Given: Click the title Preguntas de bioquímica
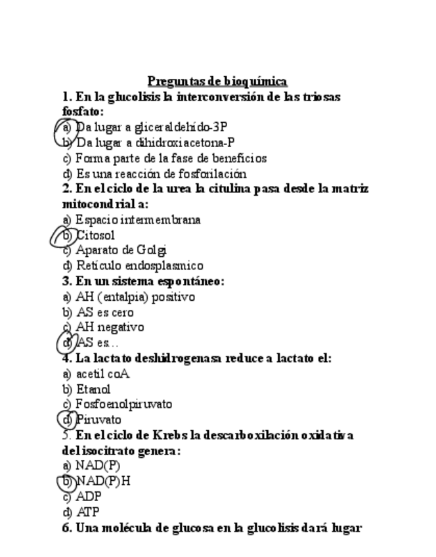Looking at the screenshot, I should (x=217, y=81).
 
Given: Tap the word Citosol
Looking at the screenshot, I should (x=95, y=235).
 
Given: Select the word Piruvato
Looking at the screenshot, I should (x=98, y=420).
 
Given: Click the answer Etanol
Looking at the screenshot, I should (x=93, y=390).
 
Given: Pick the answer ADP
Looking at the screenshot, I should (x=89, y=497).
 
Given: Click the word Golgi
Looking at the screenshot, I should (x=152, y=250).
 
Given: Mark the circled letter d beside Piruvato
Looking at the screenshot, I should (x=66, y=420).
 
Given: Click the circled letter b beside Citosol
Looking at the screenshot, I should (x=66, y=235).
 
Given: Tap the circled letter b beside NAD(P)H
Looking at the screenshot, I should (x=66, y=481).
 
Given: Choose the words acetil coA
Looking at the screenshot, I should (x=102, y=374).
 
